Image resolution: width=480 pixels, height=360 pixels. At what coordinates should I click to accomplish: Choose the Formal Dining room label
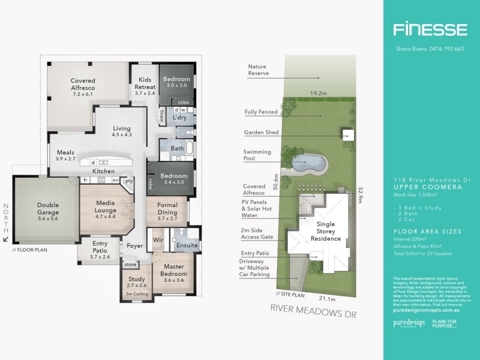(167, 209)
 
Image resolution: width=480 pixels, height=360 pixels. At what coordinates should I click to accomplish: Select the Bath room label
(177, 148)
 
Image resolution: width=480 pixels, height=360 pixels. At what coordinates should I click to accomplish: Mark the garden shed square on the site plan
(347, 134)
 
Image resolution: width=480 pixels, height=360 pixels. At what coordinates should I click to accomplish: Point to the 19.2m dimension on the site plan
(319, 93)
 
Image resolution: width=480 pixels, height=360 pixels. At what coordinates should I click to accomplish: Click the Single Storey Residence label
(325, 231)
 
